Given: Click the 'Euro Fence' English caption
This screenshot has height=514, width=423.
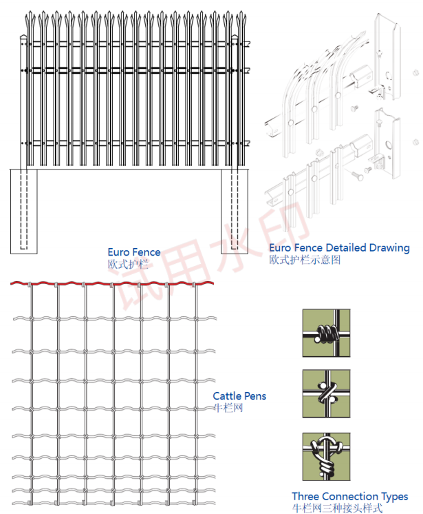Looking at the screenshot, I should (x=134, y=252).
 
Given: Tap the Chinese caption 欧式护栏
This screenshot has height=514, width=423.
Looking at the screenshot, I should (x=124, y=264).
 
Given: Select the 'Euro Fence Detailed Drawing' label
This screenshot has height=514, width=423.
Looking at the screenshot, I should (x=339, y=247).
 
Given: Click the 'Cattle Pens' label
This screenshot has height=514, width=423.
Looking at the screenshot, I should (x=239, y=395).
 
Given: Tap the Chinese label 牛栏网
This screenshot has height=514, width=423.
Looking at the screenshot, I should (x=228, y=408).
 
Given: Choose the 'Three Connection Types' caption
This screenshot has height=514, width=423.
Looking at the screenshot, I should (x=349, y=496).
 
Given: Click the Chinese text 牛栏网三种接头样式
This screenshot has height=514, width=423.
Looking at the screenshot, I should (x=337, y=508).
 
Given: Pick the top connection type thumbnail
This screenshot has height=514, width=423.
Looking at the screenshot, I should (x=326, y=333).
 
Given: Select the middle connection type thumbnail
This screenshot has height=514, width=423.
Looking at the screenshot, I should (x=326, y=394).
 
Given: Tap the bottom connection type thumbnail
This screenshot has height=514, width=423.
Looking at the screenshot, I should (x=326, y=456).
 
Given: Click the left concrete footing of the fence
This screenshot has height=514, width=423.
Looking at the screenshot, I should (x=24, y=210).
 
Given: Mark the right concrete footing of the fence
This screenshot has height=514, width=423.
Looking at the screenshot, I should (x=234, y=210).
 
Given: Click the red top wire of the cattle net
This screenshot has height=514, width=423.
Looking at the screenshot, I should (x=110, y=283).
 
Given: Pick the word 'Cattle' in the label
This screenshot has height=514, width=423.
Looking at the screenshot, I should (x=226, y=395).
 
